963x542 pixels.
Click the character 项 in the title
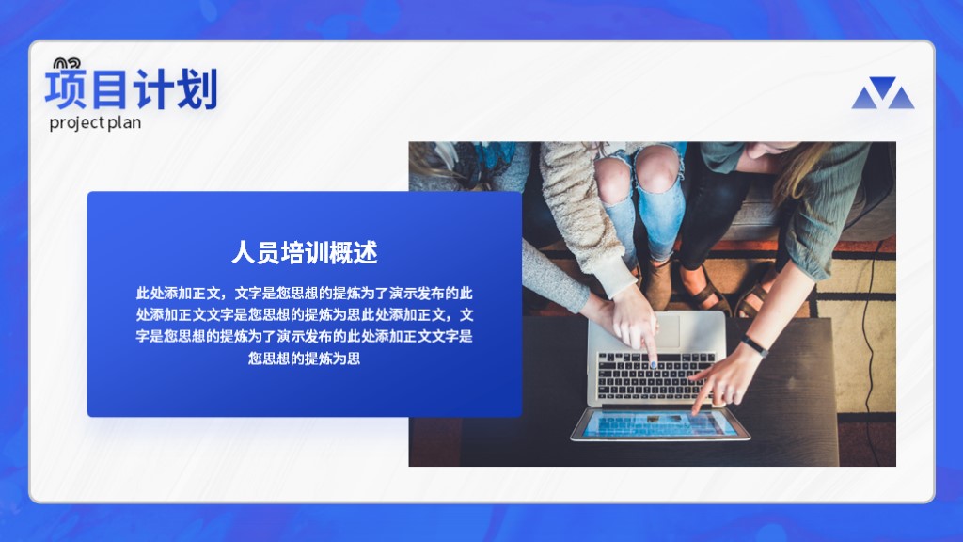coord(66,89)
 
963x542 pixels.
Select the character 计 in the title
coord(153,89)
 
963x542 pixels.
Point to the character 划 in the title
coord(197,89)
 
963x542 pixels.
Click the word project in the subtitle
coord(77,123)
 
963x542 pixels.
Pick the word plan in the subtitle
coord(124,123)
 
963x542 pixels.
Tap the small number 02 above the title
coord(67,63)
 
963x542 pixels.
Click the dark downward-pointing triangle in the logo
coord(883,86)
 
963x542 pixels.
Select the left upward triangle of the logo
coord(865,98)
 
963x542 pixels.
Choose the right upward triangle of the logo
coord(901,98)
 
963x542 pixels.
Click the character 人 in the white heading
coord(244,252)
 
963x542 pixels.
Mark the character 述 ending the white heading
coord(366,252)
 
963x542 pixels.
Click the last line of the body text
coord(304,358)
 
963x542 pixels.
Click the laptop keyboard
coord(655,375)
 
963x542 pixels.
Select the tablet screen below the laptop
coord(659,424)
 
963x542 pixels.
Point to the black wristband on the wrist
coord(754,346)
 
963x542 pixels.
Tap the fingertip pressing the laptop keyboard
coord(653,364)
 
